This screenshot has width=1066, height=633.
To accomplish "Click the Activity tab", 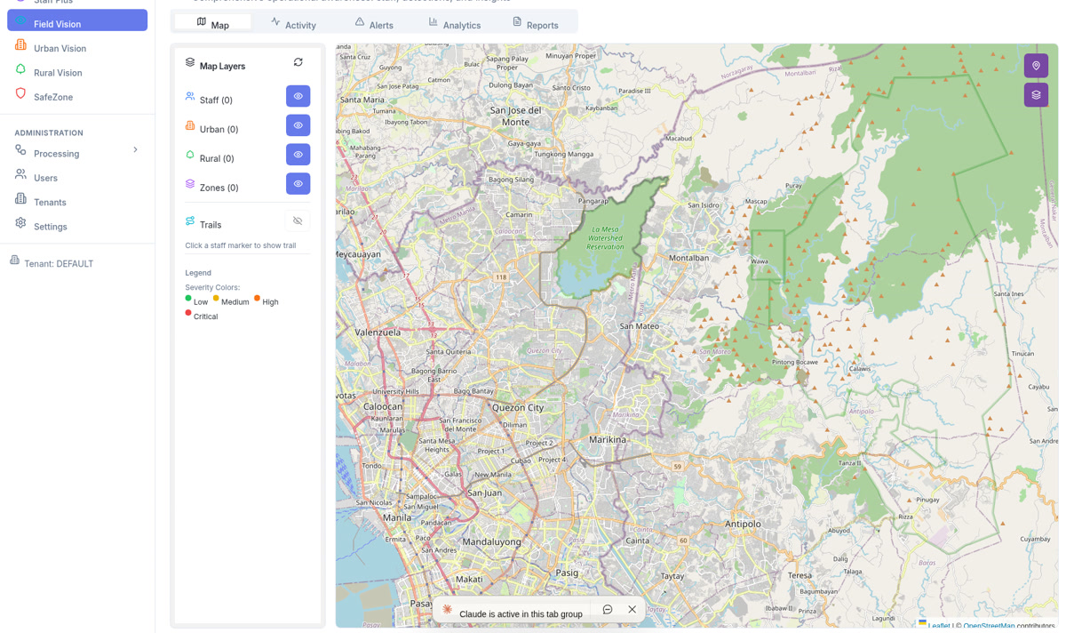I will pos(294,25).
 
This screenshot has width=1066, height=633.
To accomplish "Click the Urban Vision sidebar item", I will pos(60,48).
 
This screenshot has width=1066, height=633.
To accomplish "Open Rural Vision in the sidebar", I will pos(58,73).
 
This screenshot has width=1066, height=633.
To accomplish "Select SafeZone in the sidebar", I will pos(53,97).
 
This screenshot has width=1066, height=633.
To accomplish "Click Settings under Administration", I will pos(50,227).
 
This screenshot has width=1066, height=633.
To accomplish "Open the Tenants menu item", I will pos(50,203).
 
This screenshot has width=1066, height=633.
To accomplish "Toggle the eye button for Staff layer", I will pos(298,96).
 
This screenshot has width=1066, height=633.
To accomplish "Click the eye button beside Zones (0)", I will pos(298,184).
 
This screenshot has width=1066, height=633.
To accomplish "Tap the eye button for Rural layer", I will pos(298,155).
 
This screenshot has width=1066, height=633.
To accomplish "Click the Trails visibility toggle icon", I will pos(298,221).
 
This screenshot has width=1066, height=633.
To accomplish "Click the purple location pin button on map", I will pos(1036,66).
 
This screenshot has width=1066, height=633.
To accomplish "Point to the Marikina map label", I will pos(608,439).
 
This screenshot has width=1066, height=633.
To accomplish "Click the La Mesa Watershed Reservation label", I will pos(605,237).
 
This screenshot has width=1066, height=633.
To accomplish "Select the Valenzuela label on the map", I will pos(378,333).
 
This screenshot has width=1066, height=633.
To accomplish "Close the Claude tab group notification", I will pos(632,610).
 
